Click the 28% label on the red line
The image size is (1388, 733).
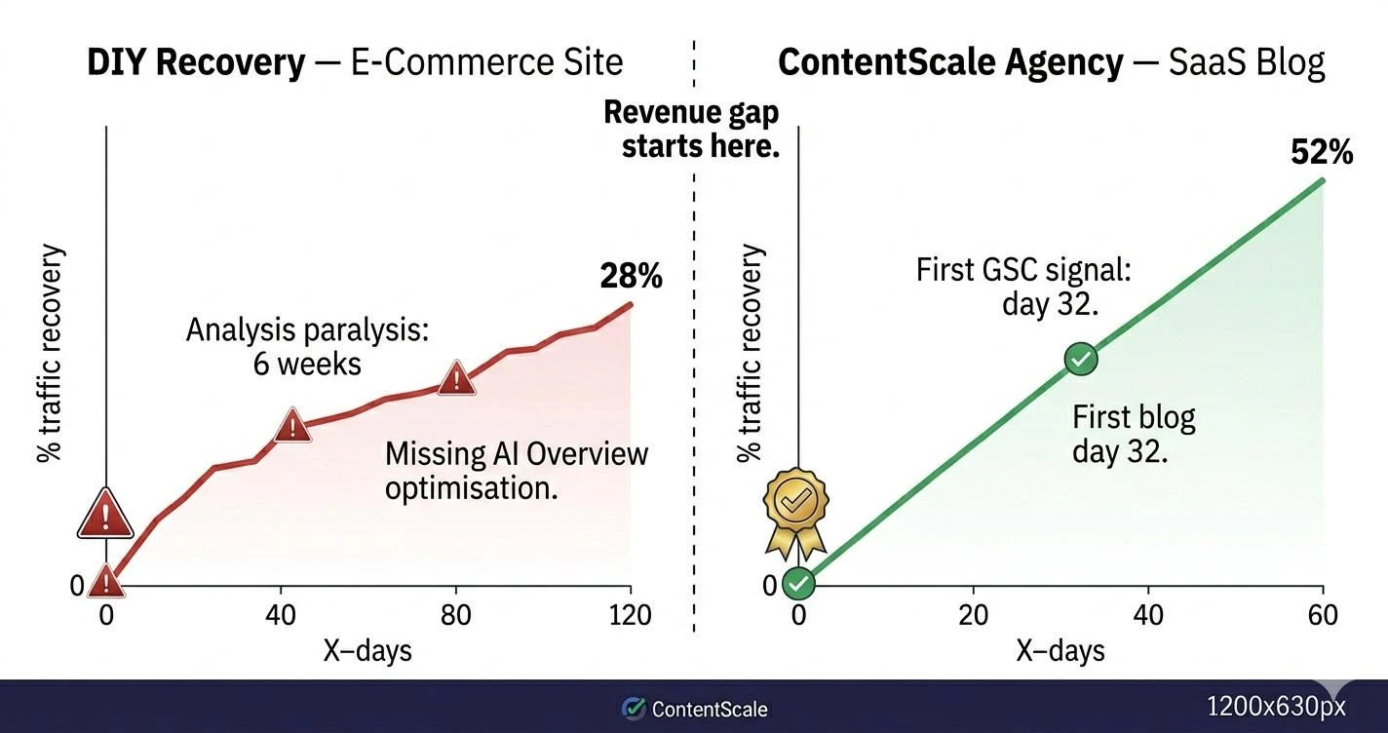[631, 276]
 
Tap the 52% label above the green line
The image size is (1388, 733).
[1321, 152]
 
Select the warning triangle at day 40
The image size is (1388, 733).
[292, 426]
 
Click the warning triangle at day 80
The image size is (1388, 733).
[456, 377]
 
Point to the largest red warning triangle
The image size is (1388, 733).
[105, 514]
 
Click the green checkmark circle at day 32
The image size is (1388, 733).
[1080, 359]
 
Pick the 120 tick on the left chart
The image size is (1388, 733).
[631, 615]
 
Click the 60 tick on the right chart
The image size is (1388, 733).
[1323, 615]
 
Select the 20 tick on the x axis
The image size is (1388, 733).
[973, 615]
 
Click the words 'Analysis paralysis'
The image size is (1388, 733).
[307, 329]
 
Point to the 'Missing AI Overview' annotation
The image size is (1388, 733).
[516, 454]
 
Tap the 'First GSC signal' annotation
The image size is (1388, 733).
[1023, 269]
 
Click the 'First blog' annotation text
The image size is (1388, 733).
[1134, 417]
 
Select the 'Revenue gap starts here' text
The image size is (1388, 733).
[692, 129]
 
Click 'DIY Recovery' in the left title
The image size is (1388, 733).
[195, 62]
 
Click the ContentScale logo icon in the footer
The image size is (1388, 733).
[634, 709]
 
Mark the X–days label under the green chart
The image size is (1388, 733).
[1060, 650]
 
